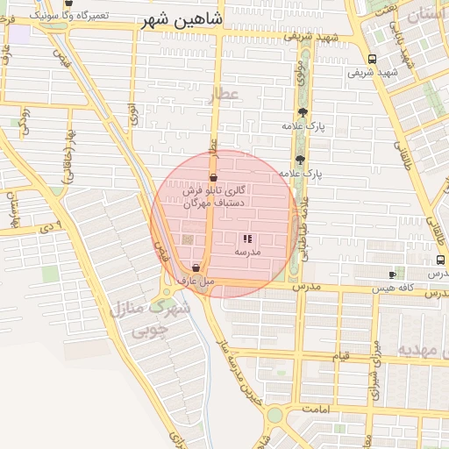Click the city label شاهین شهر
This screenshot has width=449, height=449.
tap(182, 19)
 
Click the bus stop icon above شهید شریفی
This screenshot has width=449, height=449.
tap(373, 60)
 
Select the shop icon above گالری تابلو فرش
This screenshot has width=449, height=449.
tap(213, 177)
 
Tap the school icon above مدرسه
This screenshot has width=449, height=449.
tap(247, 239)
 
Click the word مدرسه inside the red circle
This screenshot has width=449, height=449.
tap(247, 252)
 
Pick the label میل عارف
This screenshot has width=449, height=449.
tap(196, 282)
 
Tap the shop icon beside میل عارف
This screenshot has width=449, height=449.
tap(196, 267)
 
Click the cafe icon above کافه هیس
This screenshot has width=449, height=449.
tap(392, 275)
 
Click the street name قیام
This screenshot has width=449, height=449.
tap(340, 356)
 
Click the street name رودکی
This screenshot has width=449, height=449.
tap(25, 122)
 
